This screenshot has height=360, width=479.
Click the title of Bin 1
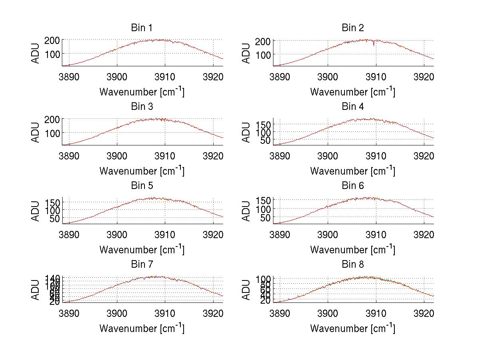pos(141,28)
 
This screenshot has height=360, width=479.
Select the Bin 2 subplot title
pos(353,28)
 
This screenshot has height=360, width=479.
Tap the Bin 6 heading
pos(353,186)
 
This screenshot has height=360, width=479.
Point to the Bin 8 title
pos(353,265)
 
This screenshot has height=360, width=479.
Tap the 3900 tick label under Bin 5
pos(117,234)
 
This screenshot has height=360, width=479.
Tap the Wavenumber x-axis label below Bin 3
pos(142,171)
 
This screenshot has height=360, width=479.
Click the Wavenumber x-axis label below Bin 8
pos(352,328)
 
